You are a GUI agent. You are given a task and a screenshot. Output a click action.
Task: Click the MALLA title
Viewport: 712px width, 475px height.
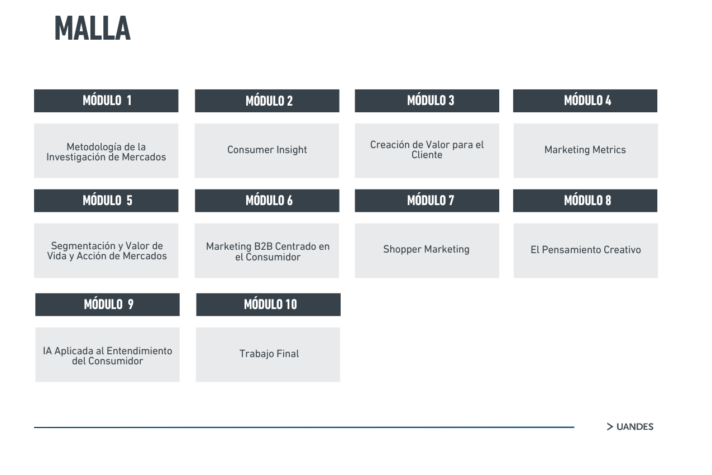point(93,28)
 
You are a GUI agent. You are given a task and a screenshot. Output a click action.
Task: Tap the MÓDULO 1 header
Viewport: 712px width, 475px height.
point(106,101)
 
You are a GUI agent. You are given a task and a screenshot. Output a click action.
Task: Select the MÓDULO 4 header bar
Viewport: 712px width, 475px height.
point(585,101)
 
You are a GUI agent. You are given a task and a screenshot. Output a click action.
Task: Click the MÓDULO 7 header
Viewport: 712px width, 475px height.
point(427,201)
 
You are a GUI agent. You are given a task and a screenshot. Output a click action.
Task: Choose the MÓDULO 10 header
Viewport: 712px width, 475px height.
point(268,305)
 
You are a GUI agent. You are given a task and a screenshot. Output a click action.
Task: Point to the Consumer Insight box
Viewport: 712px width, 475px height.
point(267,151)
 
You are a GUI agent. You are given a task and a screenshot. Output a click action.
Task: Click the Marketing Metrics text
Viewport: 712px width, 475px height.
point(585,150)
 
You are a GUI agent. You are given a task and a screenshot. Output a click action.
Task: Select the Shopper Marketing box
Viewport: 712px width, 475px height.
point(427,251)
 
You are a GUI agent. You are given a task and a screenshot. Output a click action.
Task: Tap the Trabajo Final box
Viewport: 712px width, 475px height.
point(268,355)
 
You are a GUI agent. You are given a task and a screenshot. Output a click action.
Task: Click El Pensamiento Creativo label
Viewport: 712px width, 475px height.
point(585,250)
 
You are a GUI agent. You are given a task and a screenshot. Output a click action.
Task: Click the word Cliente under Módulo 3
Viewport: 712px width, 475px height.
point(427,155)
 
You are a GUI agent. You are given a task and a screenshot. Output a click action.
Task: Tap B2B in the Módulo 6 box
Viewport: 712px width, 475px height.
point(263,246)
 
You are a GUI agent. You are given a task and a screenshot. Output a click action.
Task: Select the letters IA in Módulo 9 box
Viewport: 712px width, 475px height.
point(47,351)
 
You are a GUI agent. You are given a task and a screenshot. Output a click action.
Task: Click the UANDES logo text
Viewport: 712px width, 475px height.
point(635,427)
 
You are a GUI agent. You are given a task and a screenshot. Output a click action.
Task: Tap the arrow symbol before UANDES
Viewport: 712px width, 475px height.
point(610,427)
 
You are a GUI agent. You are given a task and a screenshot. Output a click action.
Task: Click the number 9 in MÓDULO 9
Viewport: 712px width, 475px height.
point(131,305)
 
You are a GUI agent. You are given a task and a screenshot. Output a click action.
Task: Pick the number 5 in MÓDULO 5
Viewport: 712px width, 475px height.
point(130,201)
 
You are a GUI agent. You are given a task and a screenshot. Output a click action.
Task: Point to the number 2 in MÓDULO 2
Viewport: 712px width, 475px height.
point(290,101)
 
